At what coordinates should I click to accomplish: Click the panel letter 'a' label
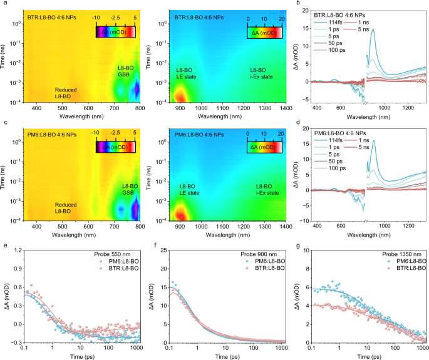click(3, 4)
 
